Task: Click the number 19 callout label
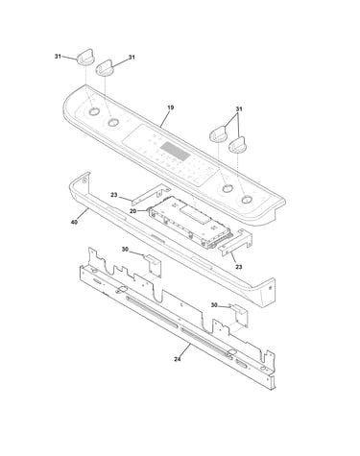(171, 108)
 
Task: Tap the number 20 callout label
(133, 211)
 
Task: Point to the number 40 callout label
(74, 222)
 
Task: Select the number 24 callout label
(178, 359)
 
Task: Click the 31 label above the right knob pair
(239, 109)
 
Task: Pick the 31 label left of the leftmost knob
(58, 57)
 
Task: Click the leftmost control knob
(85, 58)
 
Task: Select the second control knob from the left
(105, 68)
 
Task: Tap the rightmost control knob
(238, 146)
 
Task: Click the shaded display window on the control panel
(176, 152)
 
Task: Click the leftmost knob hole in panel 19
(94, 111)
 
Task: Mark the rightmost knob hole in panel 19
(246, 200)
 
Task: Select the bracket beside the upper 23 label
(152, 194)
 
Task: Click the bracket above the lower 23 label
(235, 243)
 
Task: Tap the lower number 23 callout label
(239, 267)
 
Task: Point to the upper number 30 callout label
(125, 250)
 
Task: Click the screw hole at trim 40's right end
(270, 288)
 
